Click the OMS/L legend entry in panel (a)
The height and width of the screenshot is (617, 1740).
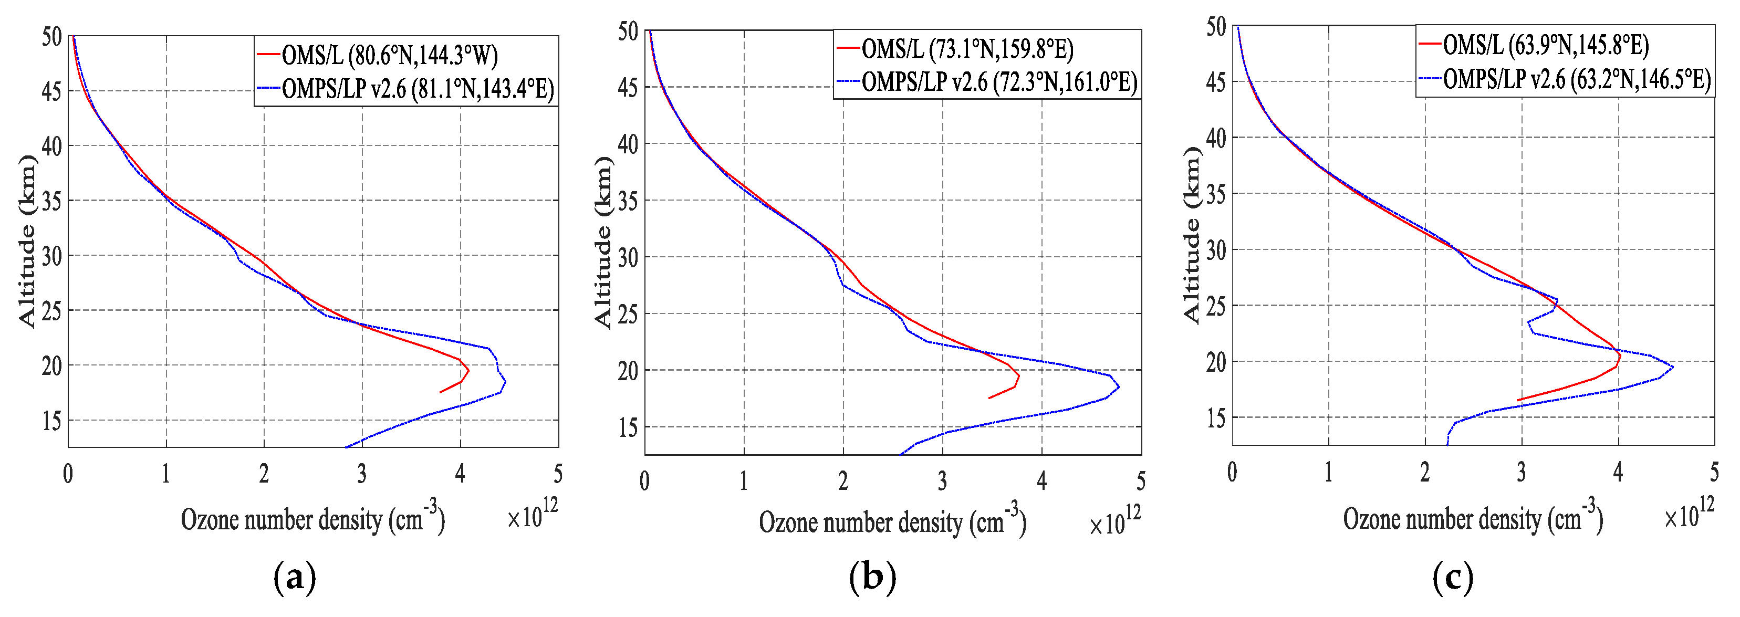pos(389,55)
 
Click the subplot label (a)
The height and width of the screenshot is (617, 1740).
pos(295,578)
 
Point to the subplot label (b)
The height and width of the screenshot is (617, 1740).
pos(873,578)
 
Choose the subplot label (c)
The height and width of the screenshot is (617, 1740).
pos(1452,578)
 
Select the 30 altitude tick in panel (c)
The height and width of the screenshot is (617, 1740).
pos(1216,250)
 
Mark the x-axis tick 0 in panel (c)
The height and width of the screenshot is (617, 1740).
pos(1232,472)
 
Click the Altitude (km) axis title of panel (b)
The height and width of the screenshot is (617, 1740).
pos(602,243)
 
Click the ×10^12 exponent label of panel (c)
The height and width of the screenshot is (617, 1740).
pos(1689,515)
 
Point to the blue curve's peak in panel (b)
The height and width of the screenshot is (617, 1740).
pos(1119,387)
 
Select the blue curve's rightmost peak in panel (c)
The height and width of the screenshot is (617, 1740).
pos(1672,367)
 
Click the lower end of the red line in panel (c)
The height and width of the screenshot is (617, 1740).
pos(1518,400)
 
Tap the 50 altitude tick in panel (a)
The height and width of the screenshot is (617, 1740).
pos(51,37)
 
